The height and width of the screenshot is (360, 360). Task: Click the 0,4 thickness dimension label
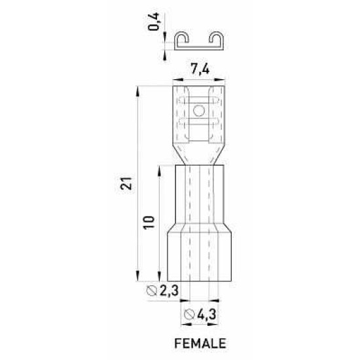click(x=153, y=22)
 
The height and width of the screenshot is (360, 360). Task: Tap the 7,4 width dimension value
click(x=200, y=69)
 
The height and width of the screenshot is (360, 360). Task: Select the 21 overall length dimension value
click(x=126, y=183)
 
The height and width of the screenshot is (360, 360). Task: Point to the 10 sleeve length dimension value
click(x=149, y=223)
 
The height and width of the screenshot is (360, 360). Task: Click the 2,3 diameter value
click(x=169, y=291)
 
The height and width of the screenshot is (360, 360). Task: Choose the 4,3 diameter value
click(x=207, y=314)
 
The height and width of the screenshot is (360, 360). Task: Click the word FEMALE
click(x=200, y=344)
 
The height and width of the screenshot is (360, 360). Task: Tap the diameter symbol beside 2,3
click(x=152, y=291)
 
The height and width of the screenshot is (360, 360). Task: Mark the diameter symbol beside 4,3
click(x=189, y=315)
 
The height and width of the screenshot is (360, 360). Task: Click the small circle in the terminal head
click(x=199, y=111)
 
